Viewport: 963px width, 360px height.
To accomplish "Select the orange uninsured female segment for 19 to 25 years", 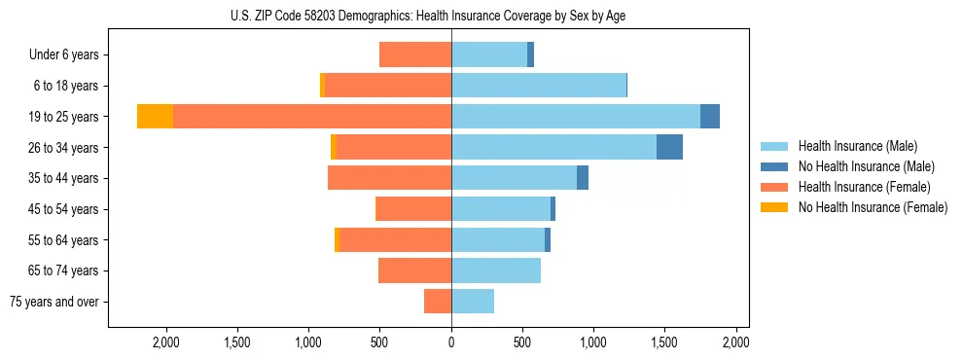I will (x=155, y=116).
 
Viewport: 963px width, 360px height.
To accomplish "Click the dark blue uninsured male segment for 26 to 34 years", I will (x=669, y=147).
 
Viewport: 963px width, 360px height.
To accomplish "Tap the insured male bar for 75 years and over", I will (x=473, y=302).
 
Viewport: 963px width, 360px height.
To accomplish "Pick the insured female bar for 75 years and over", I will (x=438, y=302).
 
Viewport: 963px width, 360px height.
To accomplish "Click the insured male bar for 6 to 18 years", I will (x=539, y=86).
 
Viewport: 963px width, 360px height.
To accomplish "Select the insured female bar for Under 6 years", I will (x=415, y=54).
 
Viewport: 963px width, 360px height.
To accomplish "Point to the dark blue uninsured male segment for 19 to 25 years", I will (x=710, y=116).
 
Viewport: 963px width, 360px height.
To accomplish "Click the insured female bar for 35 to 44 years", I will (x=389, y=178).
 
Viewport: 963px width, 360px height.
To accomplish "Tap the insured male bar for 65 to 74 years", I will (x=496, y=270).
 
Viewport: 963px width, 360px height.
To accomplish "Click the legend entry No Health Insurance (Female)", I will (x=873, y=207).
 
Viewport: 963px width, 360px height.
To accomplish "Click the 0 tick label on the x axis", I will (x=451, y=342).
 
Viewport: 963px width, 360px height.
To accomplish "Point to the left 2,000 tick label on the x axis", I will (x=166, y=342).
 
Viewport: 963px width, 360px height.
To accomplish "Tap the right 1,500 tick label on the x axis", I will (x=664, y=342).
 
